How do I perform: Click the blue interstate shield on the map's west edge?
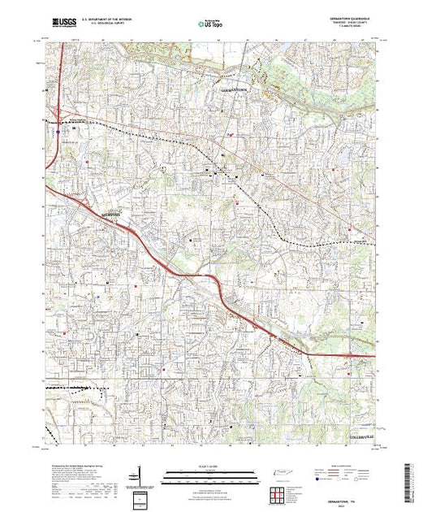[59, 126]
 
